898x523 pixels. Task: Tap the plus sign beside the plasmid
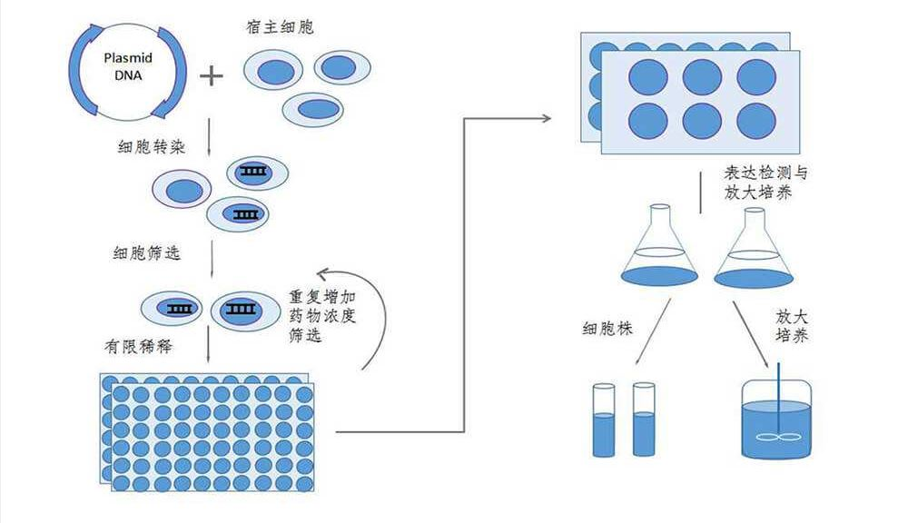(211, 74)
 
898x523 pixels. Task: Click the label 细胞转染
(152, 145)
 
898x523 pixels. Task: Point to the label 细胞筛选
(149, 252)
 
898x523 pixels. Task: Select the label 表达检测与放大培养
(763, 181)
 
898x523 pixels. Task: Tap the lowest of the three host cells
(312, 109)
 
